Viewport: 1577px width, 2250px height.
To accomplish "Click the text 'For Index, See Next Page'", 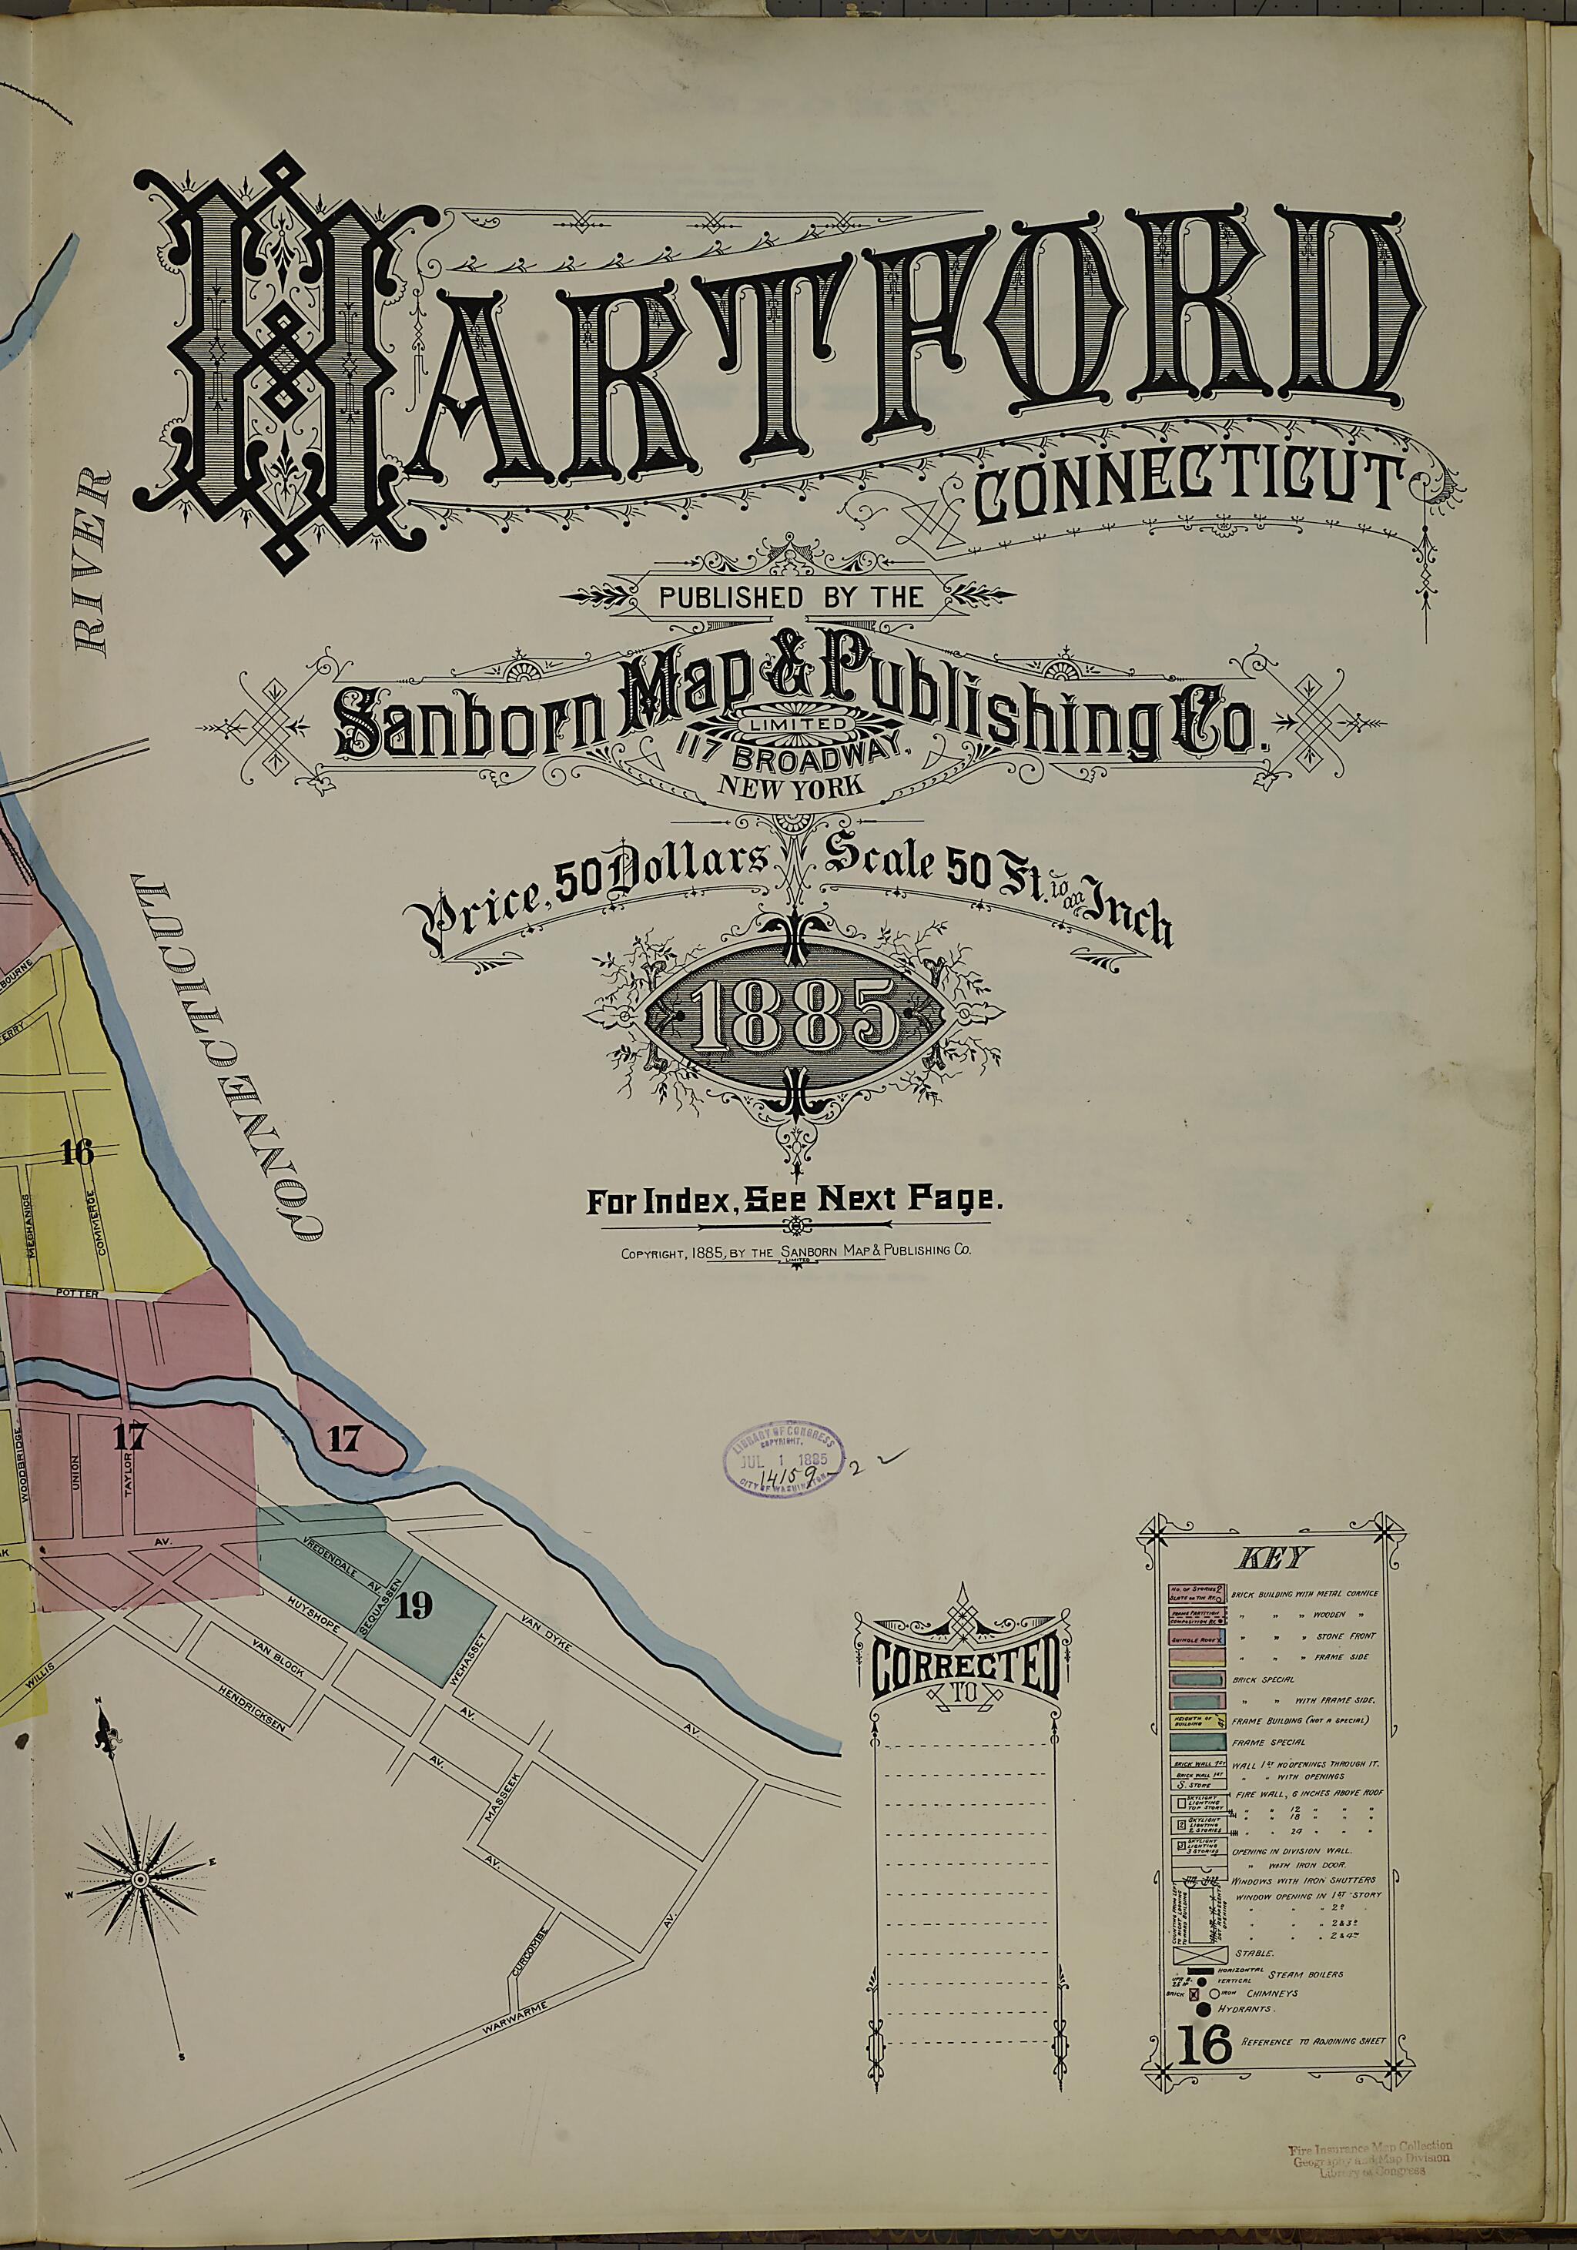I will (795, 1200).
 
